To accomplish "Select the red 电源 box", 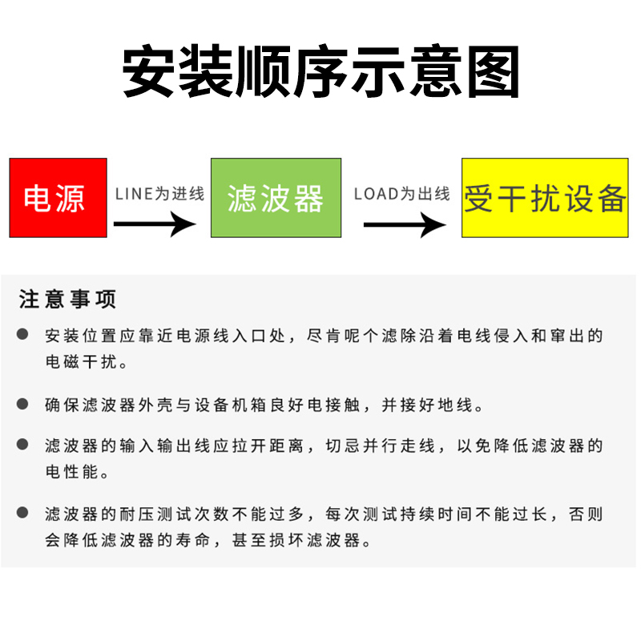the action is [x=58, y=198].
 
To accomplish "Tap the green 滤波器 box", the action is [x=276, y=198].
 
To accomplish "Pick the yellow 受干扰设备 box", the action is [x=545, y=198].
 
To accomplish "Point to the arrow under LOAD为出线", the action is [x=405, y=224].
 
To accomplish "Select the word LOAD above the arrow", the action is [x=376, y=194].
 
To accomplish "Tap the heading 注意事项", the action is [x=68, y=300].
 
